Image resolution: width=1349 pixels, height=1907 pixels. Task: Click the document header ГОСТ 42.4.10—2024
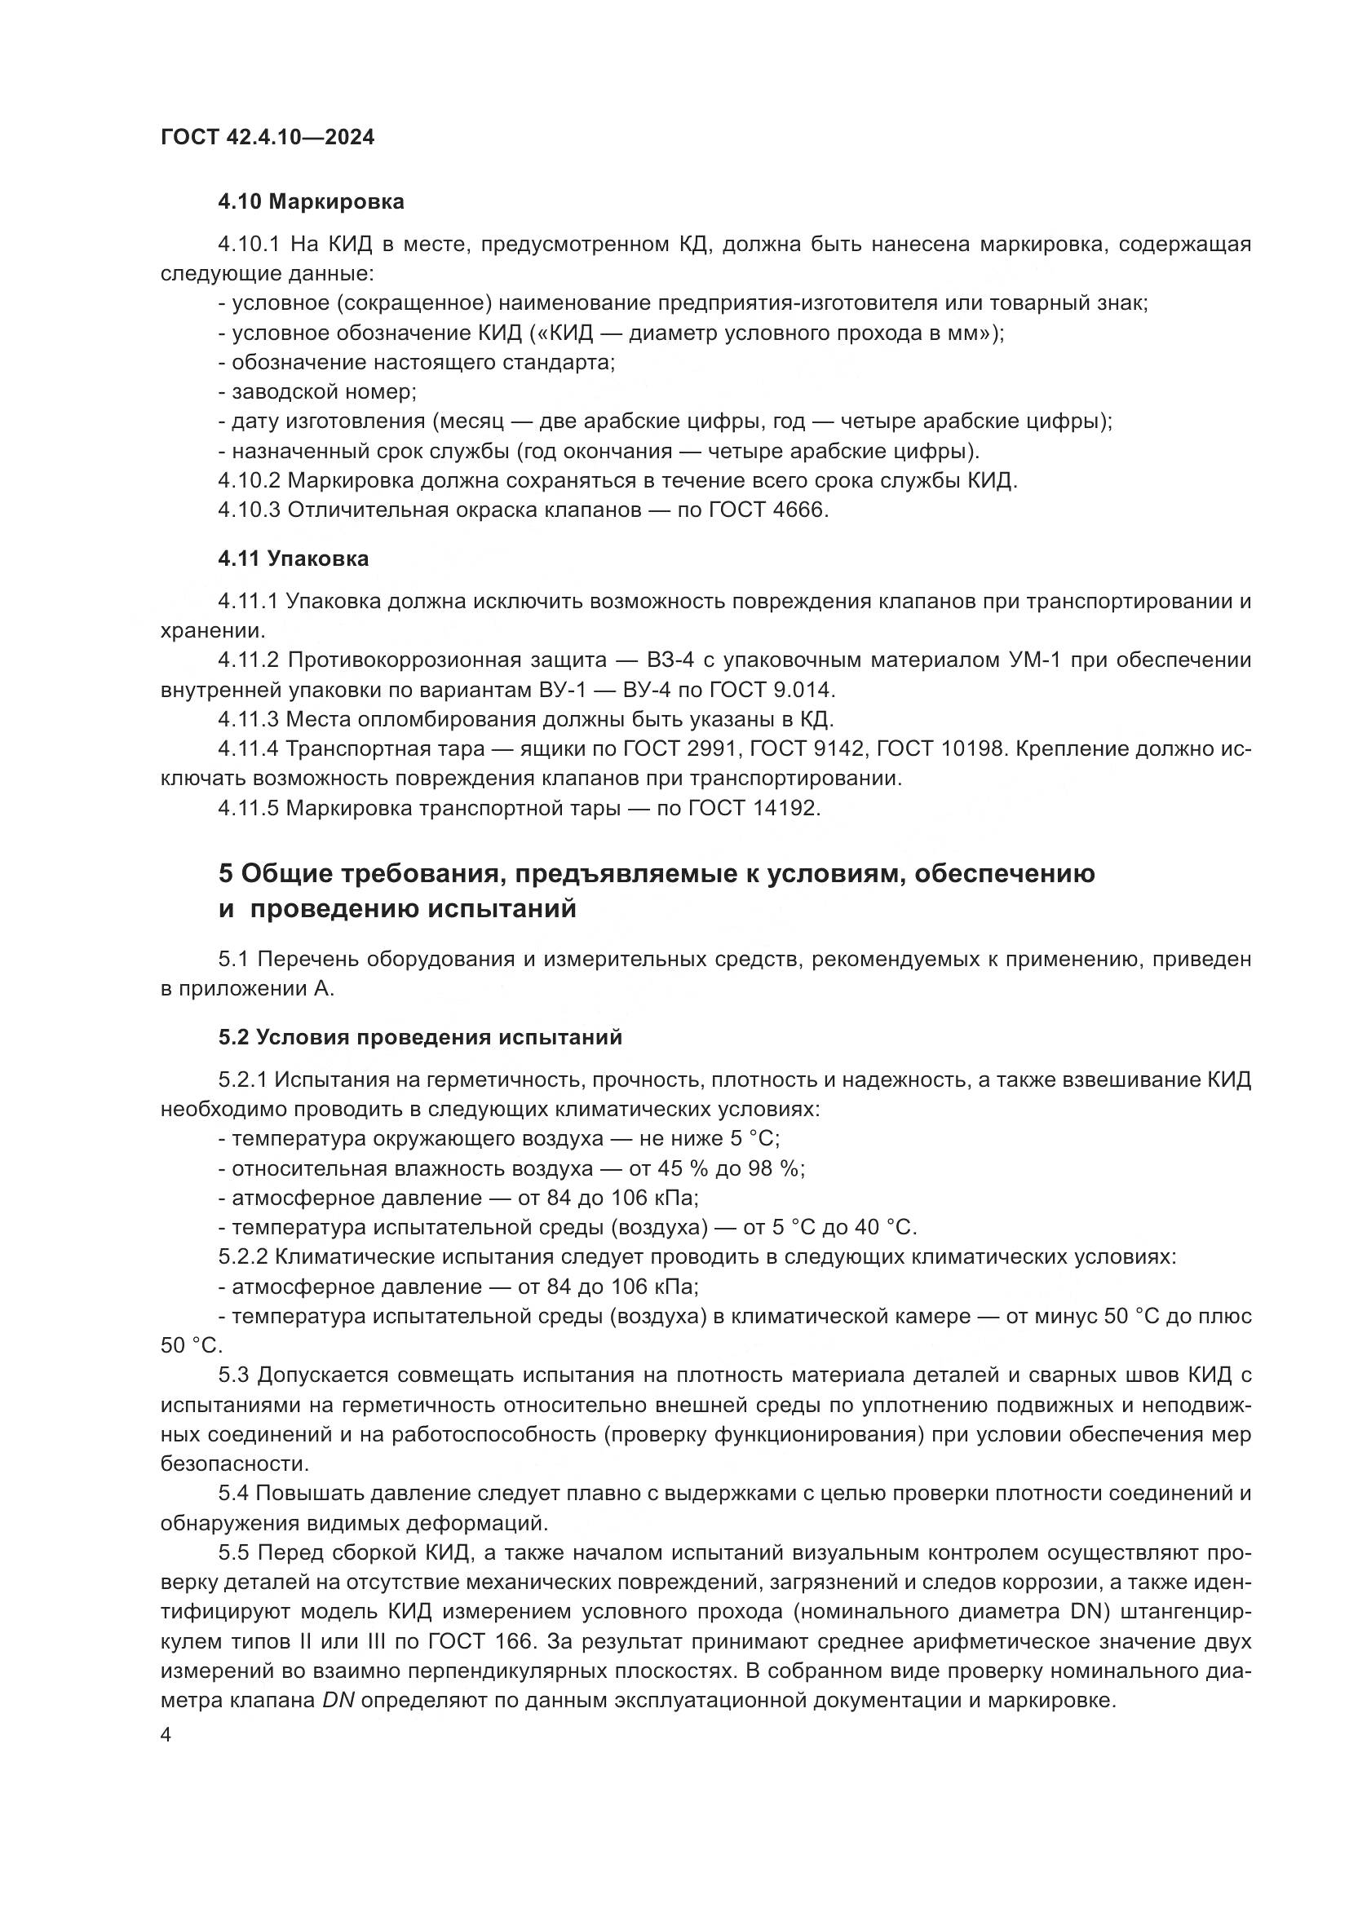pyautogui.click(x=267, y=137)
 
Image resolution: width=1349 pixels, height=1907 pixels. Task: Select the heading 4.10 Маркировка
pyautogui.click(x=312, y=202)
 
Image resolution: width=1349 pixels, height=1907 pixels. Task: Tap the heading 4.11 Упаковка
pyautogui.click(x=294, y=559)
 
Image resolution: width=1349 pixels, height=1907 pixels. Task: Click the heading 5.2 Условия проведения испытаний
pyautogui.click(x=420, y=1037)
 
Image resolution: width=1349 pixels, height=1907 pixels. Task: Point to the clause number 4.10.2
pyautogui.click(x=250, y=481)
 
